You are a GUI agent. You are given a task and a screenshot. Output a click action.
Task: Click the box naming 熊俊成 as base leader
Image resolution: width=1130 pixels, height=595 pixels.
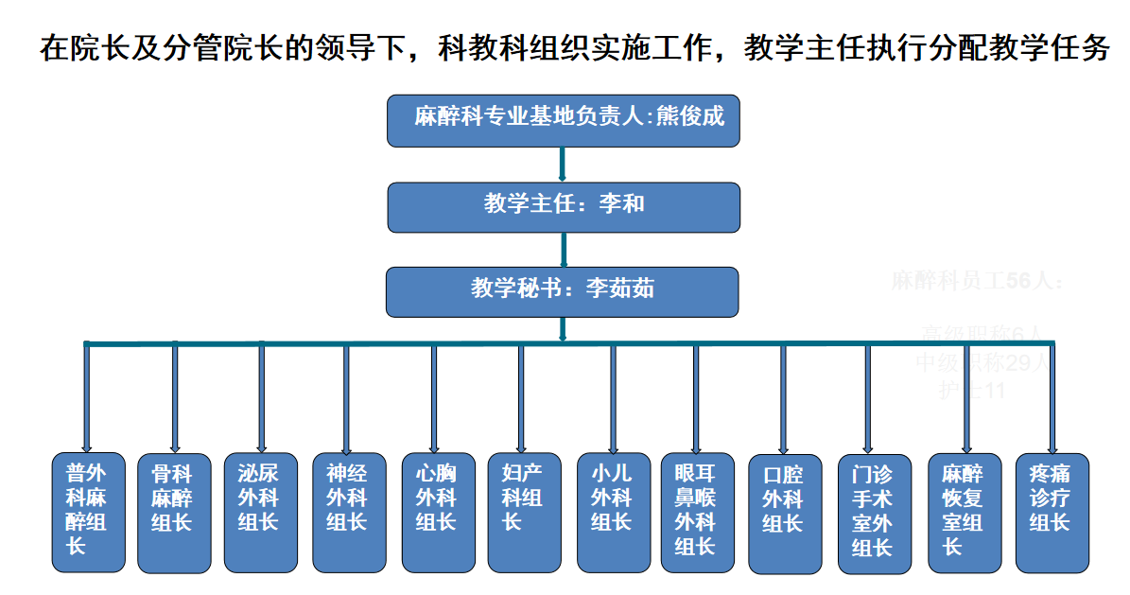563,120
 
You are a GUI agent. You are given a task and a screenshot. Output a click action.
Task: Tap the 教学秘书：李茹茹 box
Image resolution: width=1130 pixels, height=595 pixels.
562,291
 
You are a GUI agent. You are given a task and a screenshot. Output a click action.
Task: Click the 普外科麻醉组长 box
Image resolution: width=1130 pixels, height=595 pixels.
88,512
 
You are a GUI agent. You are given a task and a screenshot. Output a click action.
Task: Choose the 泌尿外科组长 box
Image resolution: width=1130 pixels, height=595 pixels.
260,512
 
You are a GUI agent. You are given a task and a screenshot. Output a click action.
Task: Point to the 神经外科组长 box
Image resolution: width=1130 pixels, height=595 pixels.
349,512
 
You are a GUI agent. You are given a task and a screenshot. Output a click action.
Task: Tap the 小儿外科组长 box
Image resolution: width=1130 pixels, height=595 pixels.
614,512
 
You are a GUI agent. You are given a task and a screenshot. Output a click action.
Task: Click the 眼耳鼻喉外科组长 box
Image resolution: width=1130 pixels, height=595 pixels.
697,512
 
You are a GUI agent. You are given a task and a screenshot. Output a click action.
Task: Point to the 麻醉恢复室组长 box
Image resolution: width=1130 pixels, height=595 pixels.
965,512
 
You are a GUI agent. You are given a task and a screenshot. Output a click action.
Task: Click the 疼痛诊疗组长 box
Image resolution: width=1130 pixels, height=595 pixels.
1052,512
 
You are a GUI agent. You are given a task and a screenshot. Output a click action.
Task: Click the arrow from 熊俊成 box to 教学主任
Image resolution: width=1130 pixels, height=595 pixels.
563,164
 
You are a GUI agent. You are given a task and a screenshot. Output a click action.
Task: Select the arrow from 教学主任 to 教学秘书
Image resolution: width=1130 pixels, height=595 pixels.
564,249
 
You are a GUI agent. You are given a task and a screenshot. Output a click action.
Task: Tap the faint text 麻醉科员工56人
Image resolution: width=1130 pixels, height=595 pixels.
977,281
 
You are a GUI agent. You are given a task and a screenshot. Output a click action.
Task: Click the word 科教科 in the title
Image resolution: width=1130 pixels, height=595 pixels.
470,48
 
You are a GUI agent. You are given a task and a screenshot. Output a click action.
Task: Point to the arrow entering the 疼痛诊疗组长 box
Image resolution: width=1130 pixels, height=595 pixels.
1052,397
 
